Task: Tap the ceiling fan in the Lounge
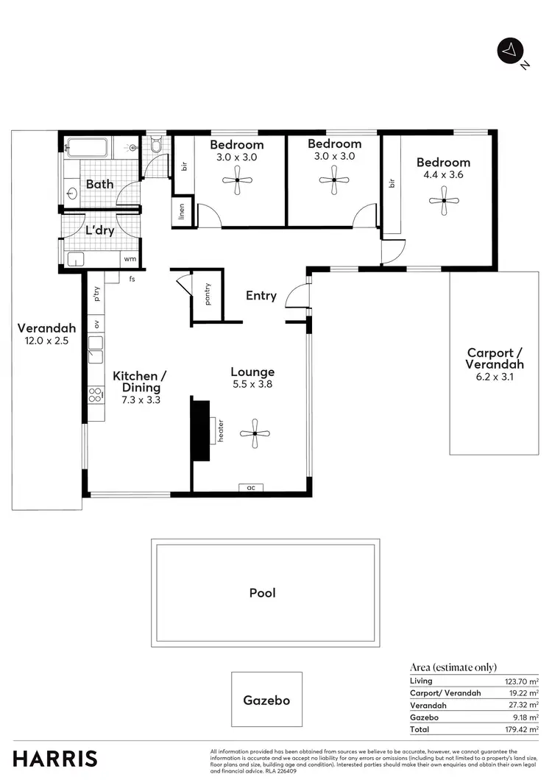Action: click(254, 434)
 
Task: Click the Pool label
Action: click(262, 592)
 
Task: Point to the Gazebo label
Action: click(266, 701)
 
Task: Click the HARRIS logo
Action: click(55, 758)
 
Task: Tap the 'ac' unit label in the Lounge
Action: click(251, 487)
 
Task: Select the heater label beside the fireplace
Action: click(219, 430)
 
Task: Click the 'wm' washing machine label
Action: click(130, 259)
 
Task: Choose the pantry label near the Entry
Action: click(208, 294)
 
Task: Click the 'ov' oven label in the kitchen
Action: click(96, 324)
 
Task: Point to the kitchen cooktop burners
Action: click(96, 394)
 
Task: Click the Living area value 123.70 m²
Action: click(522, 681)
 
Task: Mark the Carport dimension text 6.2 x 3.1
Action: click(495, 377)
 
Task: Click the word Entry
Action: click(261, 296)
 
